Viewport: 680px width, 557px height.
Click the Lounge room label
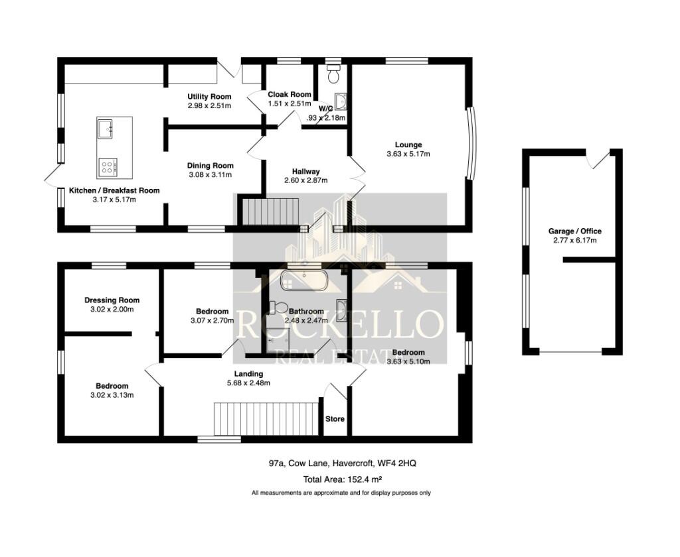click(x=408, y=145)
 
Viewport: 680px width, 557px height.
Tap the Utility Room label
click(x=209, y=97)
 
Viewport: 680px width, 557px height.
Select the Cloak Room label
click(x=289, y=94)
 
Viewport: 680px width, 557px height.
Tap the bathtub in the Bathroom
click(x=303, y=280)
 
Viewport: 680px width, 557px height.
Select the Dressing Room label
click(x=112, y=300)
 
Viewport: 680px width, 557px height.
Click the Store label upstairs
click(x=335, y=418)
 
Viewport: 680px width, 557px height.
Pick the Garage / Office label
click(x=574, y=231)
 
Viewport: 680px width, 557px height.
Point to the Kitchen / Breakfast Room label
click(x=114, y=190)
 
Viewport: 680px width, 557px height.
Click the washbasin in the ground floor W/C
click(x=342, y=101)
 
